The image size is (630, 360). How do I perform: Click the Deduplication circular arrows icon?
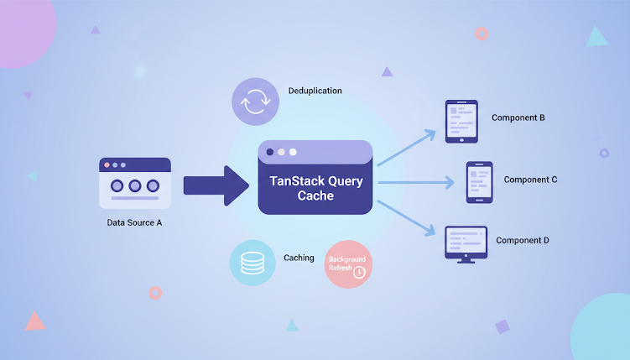[x=255, y=102]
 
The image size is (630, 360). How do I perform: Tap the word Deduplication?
[x=315, y=91]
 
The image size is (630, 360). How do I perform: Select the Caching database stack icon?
[x=252, y=263]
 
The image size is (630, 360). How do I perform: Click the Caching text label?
[x=299, y=258]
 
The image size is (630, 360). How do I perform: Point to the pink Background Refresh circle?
[x=347, y=264]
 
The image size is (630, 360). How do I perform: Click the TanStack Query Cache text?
[x=315, y=188]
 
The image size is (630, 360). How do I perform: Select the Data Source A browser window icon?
[x=135, y=183]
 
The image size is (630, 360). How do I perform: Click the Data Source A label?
[x=135, y=222]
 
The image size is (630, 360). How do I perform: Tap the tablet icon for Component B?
[x=461, y=121]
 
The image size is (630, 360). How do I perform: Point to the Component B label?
[x=518, y=117]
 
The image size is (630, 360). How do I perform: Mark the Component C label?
[x=531, y=180]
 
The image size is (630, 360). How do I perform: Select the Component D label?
[x=523, y=241]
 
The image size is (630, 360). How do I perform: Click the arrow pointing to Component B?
[x=407, y=147]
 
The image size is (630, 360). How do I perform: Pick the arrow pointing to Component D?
[x=407, y=216]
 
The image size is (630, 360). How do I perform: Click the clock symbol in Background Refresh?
[x=359, y=273]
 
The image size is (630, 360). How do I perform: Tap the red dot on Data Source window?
[x=107, y=165]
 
